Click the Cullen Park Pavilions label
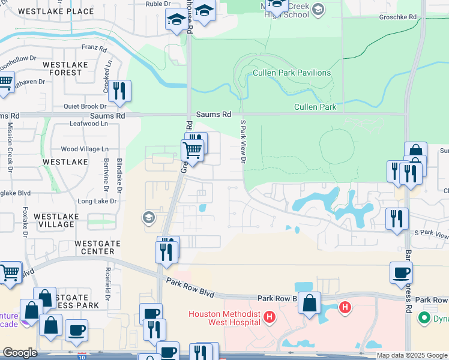click(292, 73)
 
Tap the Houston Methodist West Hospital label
click(224, 317)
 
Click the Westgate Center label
click(94, 247)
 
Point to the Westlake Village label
click(54, 220)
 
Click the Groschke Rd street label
click(397, 17)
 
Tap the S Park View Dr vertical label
click(243, 142)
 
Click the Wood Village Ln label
click(85, 149)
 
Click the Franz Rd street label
click(93, 46)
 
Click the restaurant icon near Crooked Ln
click(119, 91)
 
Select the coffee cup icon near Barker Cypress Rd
click(401, 272)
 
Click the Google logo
click(19, 353)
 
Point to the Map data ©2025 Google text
click(412, 355)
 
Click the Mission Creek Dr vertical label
click(10, 147)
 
